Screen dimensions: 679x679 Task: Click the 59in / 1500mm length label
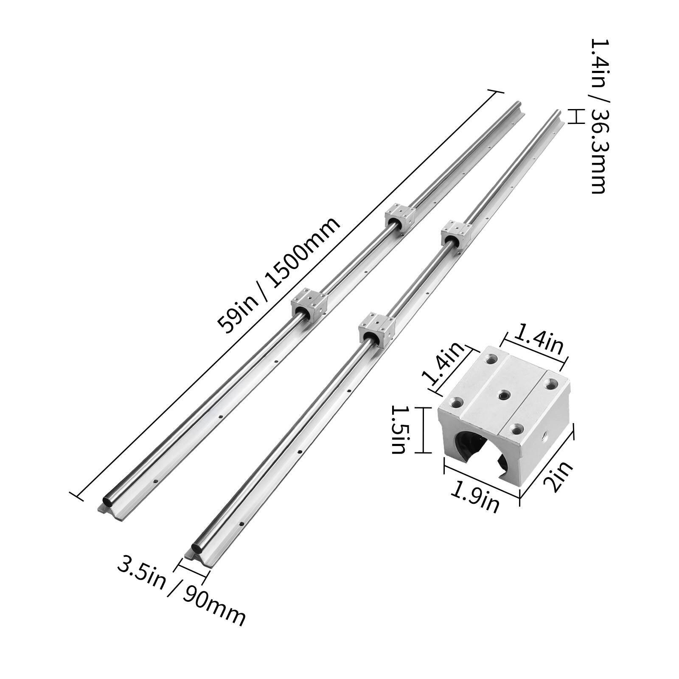pos(278,275)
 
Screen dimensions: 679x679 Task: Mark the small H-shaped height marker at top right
pos(575,115)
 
